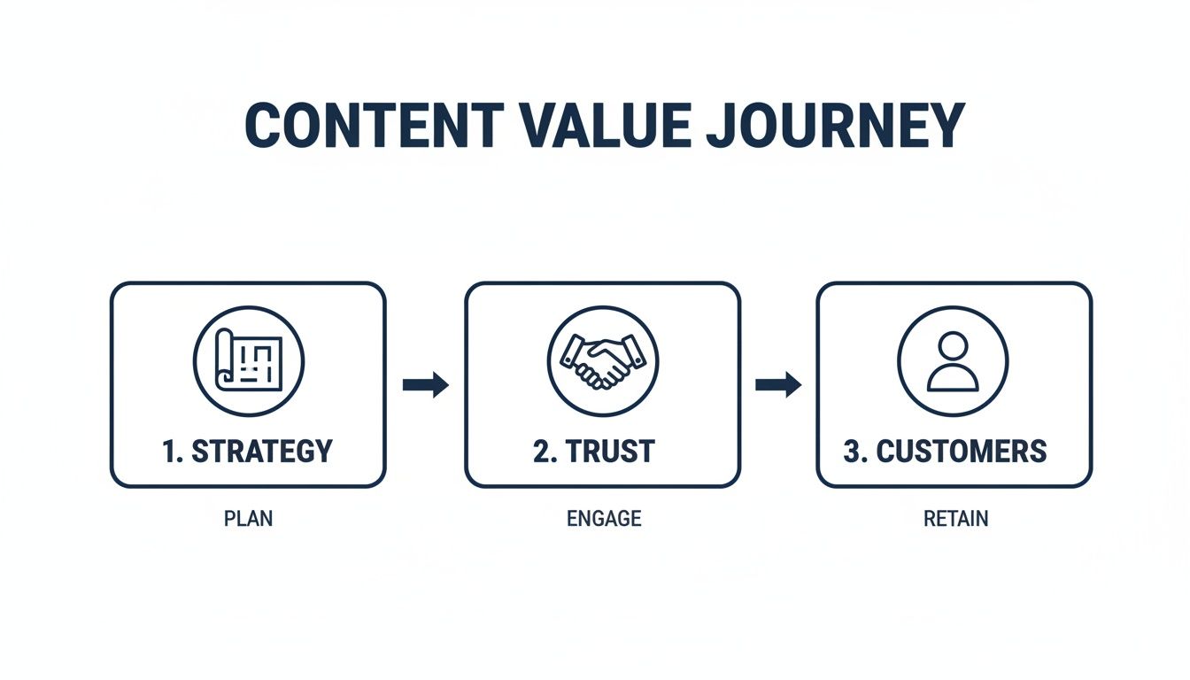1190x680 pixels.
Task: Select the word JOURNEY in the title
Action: (835, 125)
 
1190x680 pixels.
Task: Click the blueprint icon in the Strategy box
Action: (249, 360)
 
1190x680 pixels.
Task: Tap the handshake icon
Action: (602, 360)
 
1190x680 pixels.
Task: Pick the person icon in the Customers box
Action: (953, 360)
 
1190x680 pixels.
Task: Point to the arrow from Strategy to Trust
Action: (425, 385)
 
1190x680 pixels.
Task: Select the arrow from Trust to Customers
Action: (777, 385)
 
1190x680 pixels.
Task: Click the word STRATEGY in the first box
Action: (262, 451)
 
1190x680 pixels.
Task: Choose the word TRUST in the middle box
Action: (610, 451)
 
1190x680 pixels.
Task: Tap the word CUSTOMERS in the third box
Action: (962, 451)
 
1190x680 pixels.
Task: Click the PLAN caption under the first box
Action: (248, 519)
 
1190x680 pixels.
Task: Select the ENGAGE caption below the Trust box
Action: (603, 519)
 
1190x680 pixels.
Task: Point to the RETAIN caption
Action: (955, 519)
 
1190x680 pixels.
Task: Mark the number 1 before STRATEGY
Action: (169, 451)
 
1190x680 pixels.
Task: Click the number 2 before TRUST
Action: (541, 451)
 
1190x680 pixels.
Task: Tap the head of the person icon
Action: (953, 346)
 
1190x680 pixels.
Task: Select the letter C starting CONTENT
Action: (262, 125)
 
